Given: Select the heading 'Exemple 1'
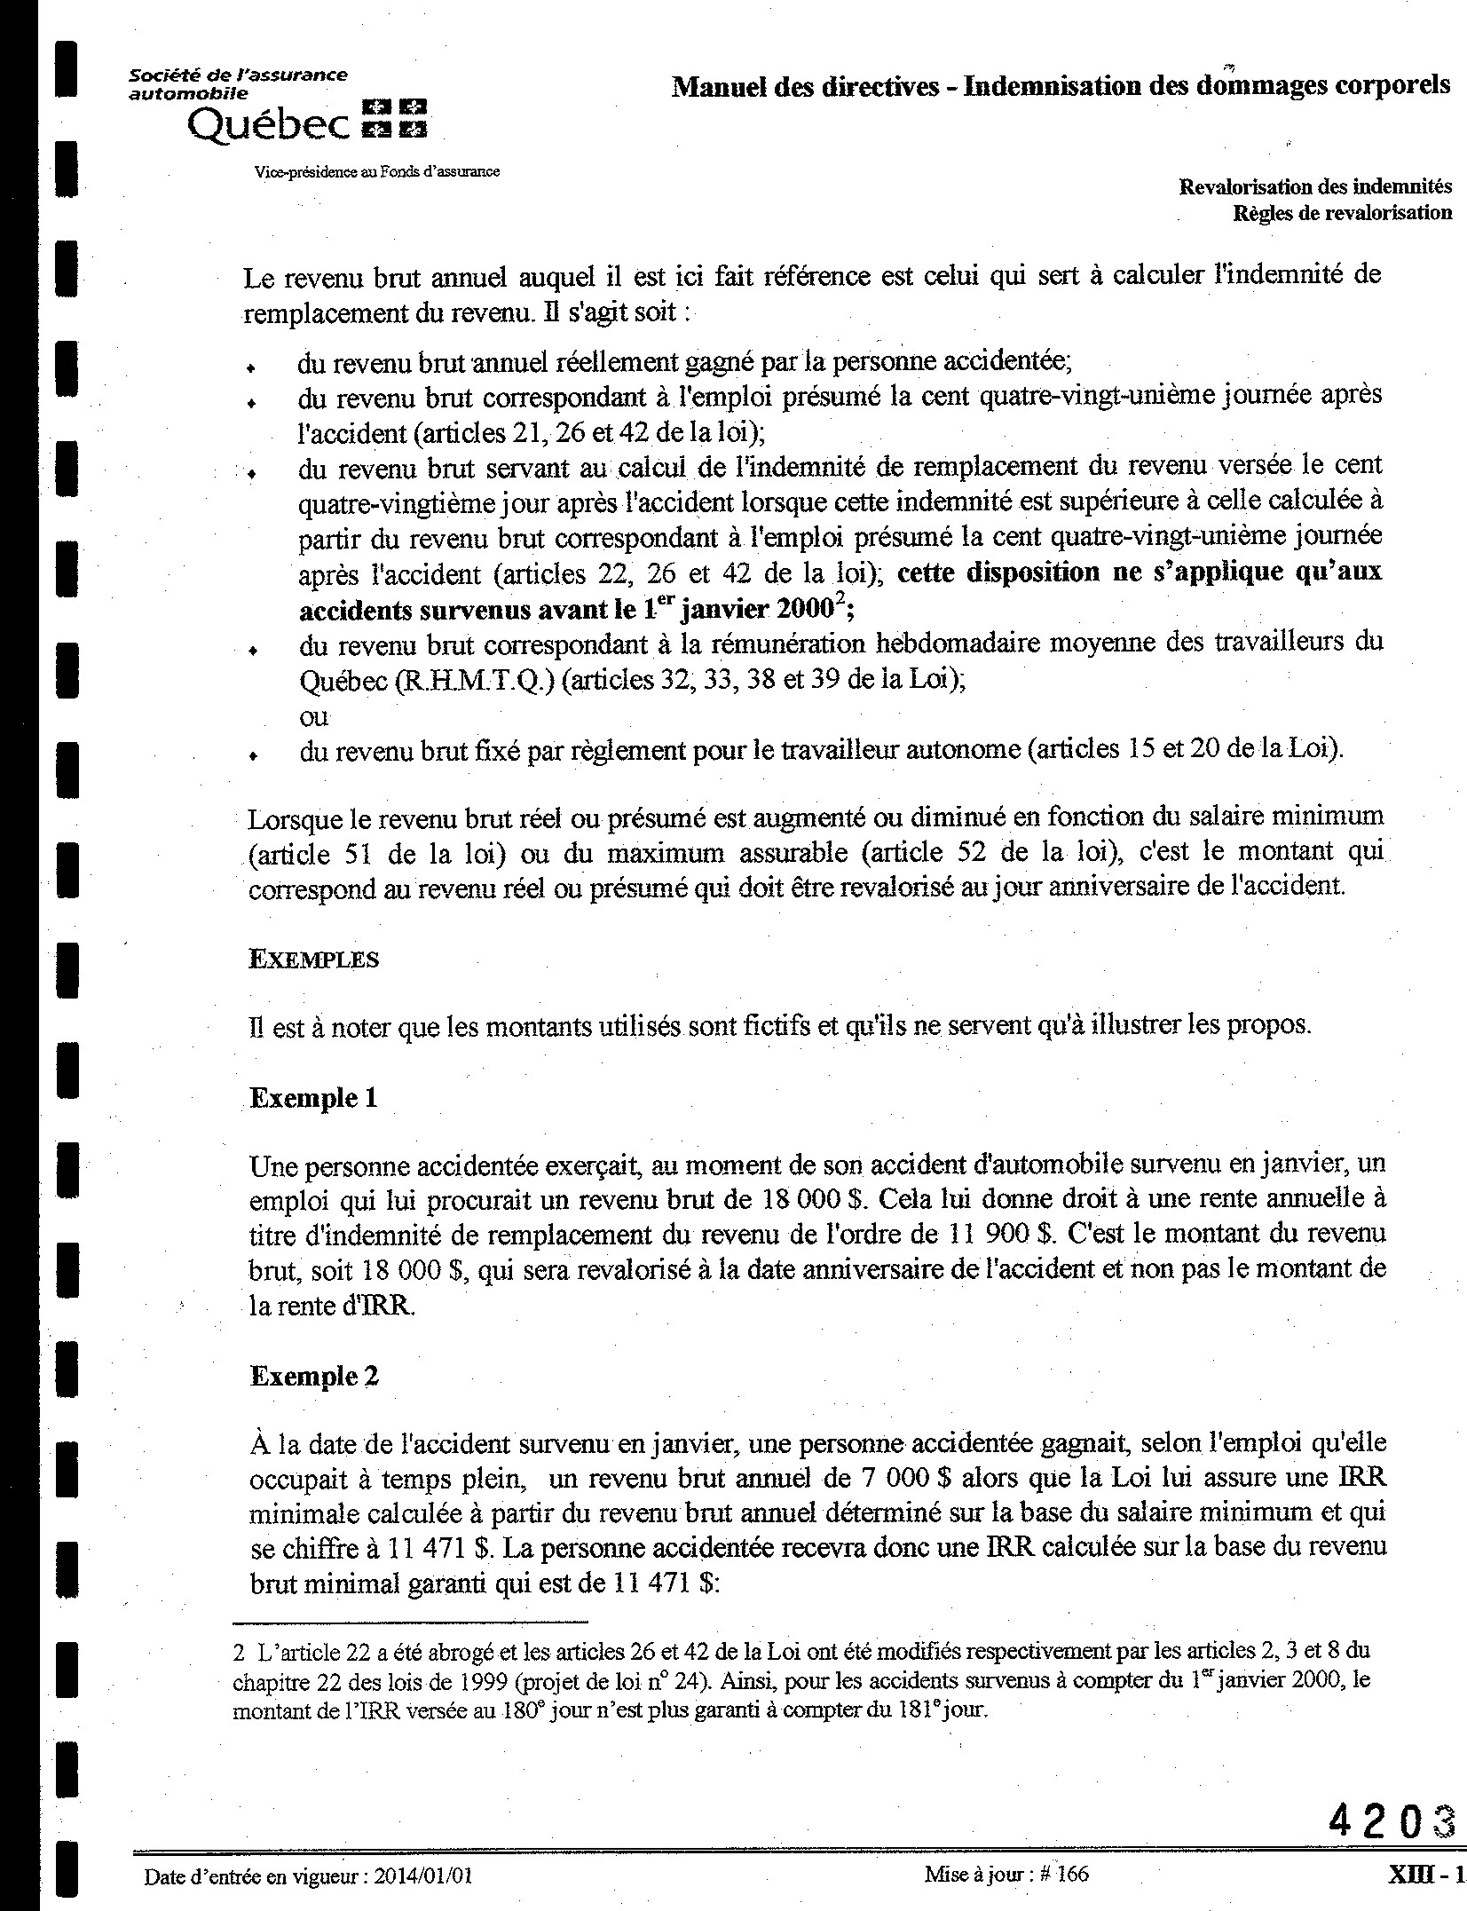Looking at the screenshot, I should (x=313, y=1098).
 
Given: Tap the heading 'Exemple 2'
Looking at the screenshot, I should (x=314, y=1376).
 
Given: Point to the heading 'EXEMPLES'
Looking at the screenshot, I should (x=314, y=959).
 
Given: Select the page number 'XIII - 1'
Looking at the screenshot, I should (x=1425, y=1874).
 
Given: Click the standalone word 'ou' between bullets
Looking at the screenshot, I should (x=313, y=716).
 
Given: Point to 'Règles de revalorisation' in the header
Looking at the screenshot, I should (x=1342, y=213).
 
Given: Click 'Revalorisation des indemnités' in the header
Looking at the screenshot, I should (x=1315, y=187).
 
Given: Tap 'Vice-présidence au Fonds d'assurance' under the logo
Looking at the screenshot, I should (x=376, y=171).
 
